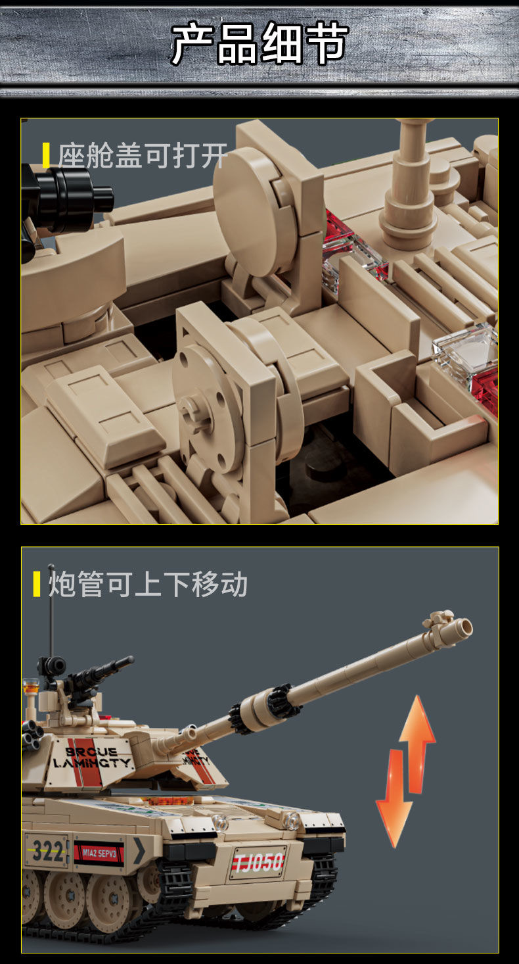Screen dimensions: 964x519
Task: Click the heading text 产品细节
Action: tap(259, 43)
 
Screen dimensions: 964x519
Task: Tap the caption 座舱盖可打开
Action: tap(143, 157)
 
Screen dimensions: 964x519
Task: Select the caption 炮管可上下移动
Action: tap(148, 584)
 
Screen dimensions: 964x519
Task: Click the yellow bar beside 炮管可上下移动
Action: tap(37, 584)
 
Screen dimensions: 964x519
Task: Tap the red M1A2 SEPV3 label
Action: tap(99, 853)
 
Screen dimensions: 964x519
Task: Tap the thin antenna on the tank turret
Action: tap(51, 612)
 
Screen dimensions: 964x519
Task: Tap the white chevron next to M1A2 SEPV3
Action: tap(139, 851)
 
